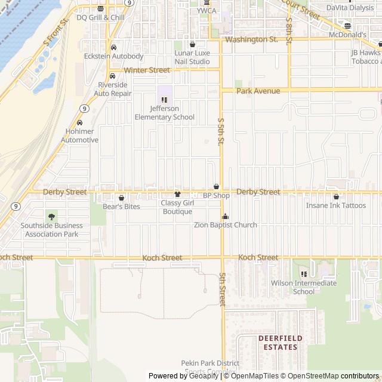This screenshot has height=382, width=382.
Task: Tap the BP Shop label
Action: click(x=216, y=196)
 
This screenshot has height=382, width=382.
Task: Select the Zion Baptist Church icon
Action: click(x=225, y=216)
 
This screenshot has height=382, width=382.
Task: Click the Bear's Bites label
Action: click(x=121, y=207)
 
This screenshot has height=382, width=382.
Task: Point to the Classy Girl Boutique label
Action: click(x=177, y=207)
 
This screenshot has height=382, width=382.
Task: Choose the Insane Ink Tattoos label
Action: click(x=336, y=205)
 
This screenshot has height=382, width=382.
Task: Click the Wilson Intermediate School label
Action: click(x=304, y=287)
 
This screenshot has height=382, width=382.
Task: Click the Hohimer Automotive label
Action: click(x=79, y=135)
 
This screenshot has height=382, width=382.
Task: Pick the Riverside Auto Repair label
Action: click(x=113, y=89)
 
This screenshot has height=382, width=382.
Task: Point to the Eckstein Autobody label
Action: click(x=113, y=57)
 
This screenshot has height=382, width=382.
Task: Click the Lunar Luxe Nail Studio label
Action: click(x=192, y=57)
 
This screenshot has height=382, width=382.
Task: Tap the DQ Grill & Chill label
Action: click(x=100, y=17)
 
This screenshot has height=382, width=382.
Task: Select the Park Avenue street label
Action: click(x=258, y=91)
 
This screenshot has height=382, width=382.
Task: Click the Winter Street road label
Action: click(x=147, y=70)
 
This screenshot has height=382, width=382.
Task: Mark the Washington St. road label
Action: click(x=251, y=39)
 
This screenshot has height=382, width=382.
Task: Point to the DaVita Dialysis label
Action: click(x=349, y=8)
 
